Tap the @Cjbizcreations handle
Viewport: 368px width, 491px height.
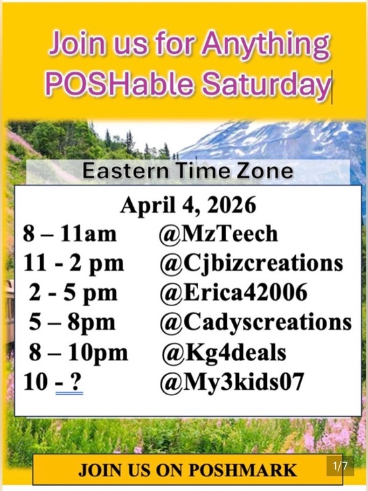pyautogui.click(x=251, y=263)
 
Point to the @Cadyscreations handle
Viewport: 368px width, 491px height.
pyautogui.click(x=255, y=322)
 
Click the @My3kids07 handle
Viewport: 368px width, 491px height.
pyautogui.click(x=232, y=382)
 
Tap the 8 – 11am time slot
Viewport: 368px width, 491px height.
pyautogui.click(x=70, y=234)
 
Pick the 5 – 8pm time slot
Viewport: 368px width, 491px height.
pyautogui.click(x=72, y=322)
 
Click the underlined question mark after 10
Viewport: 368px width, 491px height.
pyautogui.click(x=76, y=382)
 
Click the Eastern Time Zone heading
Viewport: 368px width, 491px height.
pyautogui.click(x=188, y=171)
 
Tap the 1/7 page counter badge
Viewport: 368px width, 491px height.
pyautogui.click(x=340, y=466)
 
